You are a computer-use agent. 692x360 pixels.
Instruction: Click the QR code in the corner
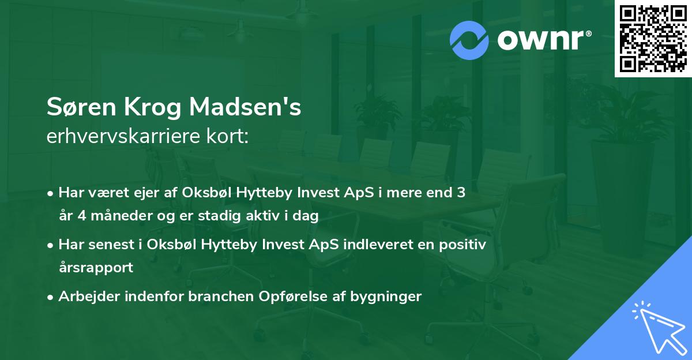click(653, 39)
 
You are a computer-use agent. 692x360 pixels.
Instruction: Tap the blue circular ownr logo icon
click(469, 40)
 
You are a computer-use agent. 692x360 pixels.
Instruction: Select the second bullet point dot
click(51, 245)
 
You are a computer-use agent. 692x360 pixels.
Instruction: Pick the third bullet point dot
click(51, 297)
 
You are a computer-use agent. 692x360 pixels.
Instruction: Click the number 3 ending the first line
click(461, 193)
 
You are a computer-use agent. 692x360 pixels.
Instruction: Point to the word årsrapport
click(96, 268)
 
